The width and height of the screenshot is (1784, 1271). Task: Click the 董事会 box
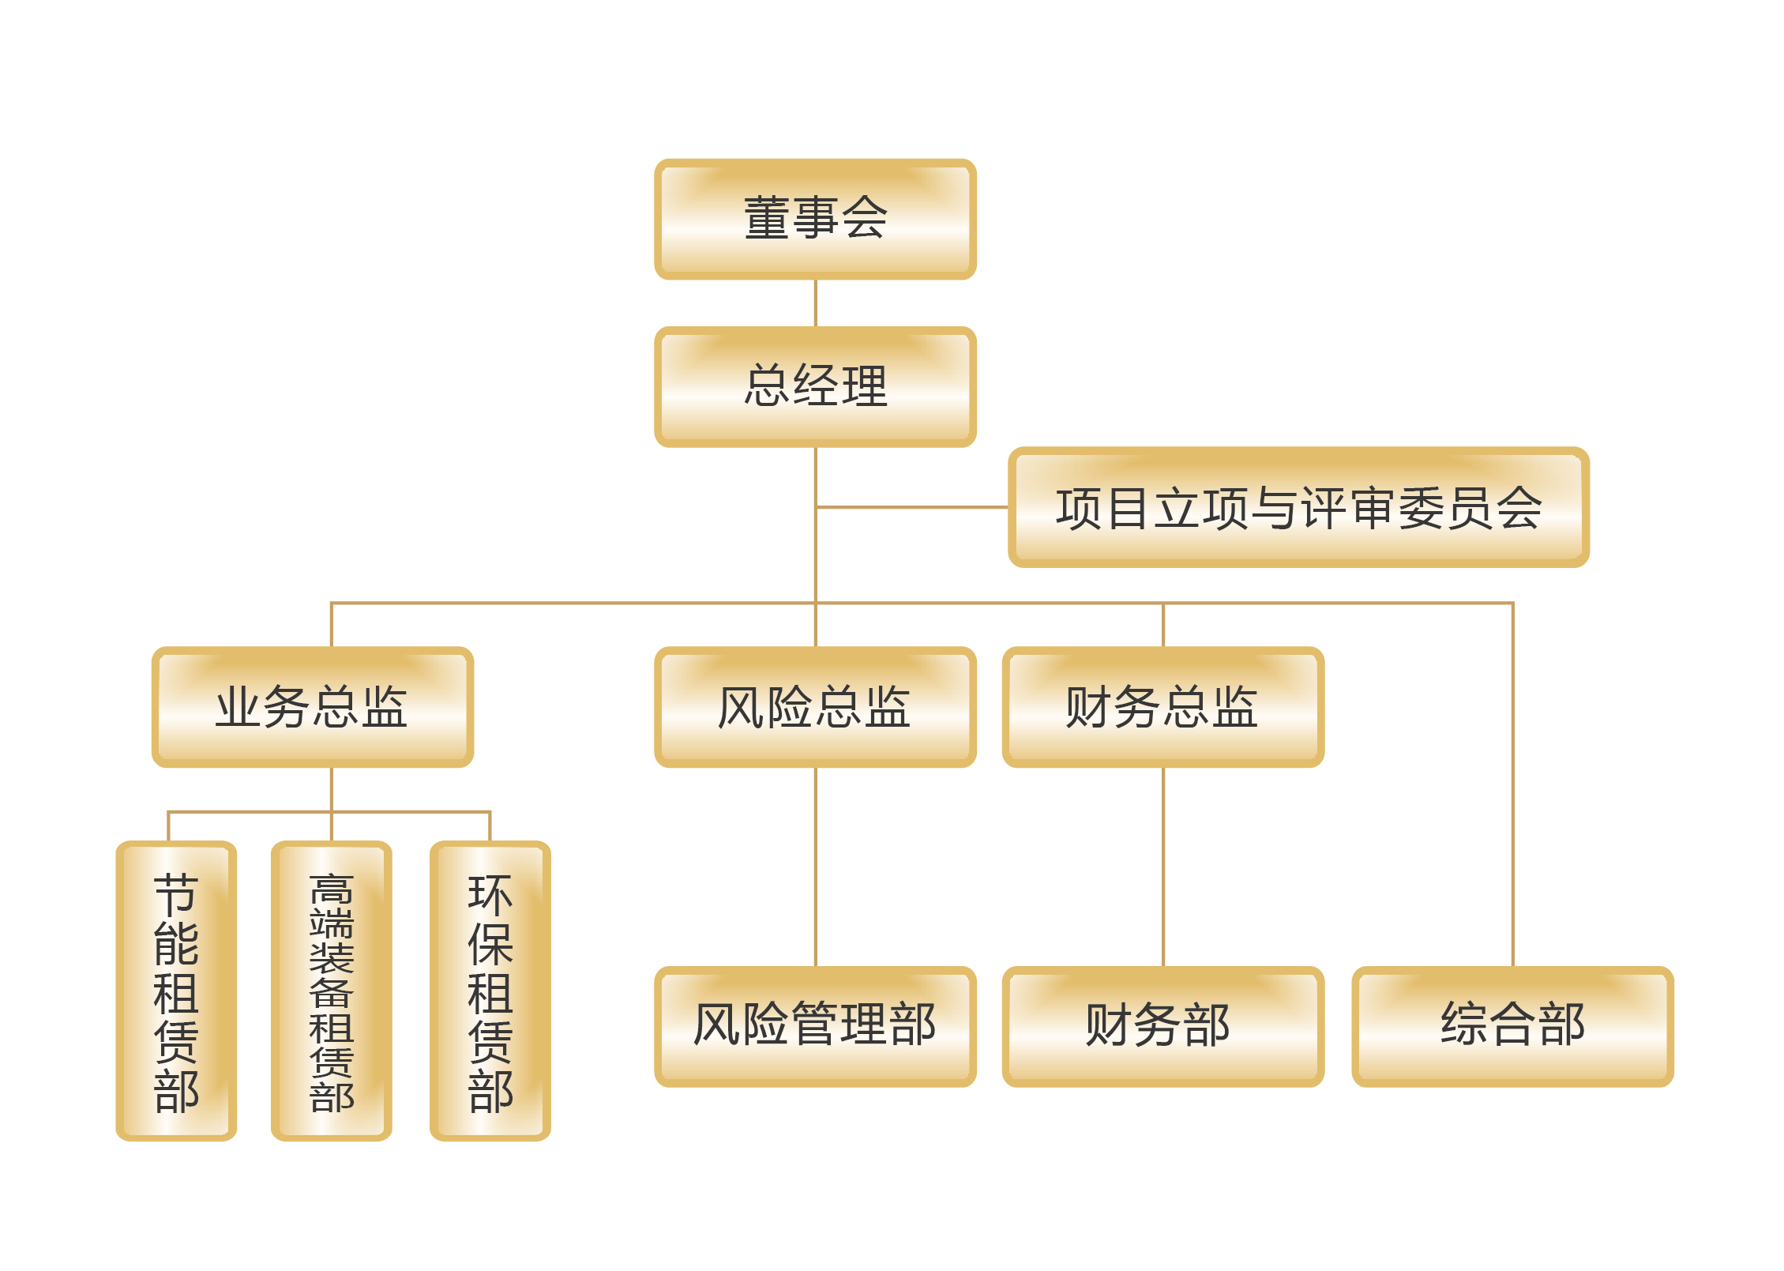[815, 219]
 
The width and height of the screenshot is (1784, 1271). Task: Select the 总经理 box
[815, 386]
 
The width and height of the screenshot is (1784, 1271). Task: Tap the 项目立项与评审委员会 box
[1298, 507]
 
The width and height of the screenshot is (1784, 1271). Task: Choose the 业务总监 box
[312, 706]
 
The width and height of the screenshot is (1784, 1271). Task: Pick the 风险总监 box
[815, 706]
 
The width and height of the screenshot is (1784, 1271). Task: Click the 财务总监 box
[1162, 706]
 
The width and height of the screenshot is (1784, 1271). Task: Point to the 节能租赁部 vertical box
[176, 991]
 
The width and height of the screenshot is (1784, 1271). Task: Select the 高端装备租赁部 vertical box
[331, 991]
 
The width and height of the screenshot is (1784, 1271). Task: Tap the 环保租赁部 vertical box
[490, 991]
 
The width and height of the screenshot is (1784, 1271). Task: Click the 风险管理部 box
[815, 1025]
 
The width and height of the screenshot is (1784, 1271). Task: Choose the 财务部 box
[1162, 1025]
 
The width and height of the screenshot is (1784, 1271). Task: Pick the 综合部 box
[1512, 1025]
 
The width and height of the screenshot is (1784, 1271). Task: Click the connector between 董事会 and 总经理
[815, 303]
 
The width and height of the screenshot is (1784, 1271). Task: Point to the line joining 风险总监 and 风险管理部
[815, 866]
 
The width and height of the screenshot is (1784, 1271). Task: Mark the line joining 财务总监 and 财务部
[1162, 866]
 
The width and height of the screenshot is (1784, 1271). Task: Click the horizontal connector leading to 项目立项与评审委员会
[912, 507]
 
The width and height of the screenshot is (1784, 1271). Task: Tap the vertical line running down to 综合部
[1512, 790]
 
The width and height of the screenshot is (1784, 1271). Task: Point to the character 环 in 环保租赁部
[490, 894]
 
